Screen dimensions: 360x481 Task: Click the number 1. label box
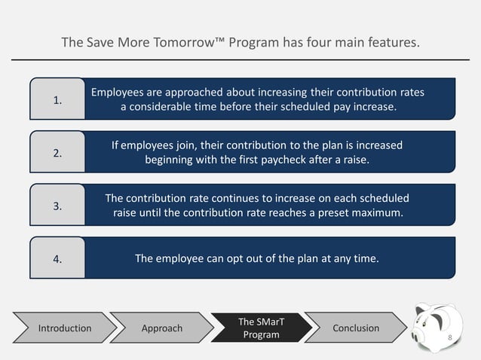57,99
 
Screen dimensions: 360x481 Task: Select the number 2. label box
57,152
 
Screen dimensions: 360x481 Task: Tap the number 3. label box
57,206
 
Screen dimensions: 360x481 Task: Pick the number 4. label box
57,259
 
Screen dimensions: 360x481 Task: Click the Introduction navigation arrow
65,328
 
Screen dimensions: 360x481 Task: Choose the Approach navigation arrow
161,328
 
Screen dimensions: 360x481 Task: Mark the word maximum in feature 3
375,213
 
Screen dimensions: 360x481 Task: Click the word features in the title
390,43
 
